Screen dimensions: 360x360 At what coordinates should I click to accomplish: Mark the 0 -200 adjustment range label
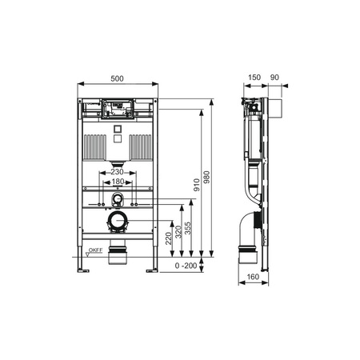(x=186, y=265)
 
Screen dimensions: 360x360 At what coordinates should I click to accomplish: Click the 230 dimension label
(x=118, y=172)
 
